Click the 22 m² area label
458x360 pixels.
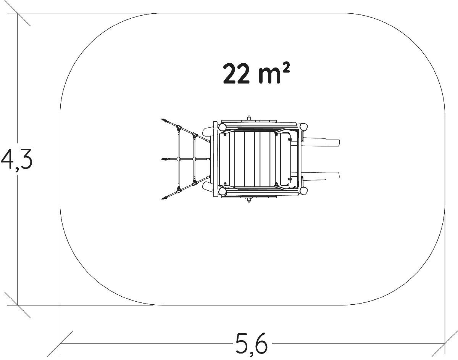256,73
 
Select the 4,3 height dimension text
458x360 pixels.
16,159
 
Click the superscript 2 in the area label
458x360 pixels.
287,69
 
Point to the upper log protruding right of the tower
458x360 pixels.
321,142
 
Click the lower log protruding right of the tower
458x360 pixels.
321,176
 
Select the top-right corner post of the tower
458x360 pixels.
303,127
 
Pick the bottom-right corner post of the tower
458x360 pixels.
303,191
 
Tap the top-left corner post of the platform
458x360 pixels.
222,127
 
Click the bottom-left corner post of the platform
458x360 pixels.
222,191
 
